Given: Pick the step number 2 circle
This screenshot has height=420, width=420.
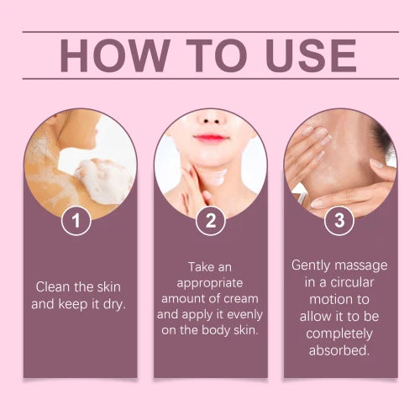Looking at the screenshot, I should click(x=210, y=223).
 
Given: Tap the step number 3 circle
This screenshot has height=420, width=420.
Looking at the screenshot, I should click(x=339, y=223).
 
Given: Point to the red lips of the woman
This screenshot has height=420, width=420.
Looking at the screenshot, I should click(x=210, y=137).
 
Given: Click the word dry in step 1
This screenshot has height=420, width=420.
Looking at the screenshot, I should click(x=110, y=302).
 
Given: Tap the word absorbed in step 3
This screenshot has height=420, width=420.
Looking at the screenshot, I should click(x=339, y=349).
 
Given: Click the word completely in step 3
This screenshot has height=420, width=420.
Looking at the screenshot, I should click(x=339, y=333).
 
